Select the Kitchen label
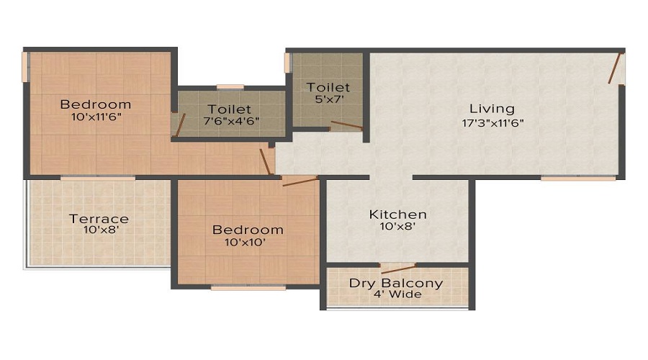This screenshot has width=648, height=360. click(x=397, y=215)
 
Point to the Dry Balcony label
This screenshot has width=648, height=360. click(x=396, y=283)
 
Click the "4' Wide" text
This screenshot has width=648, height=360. click(x=397, y=294)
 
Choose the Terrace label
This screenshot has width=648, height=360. click(x=99, y=219)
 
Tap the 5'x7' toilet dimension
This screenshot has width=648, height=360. click(x=328, y=100)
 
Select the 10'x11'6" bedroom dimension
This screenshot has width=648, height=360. click(x=95, y=116)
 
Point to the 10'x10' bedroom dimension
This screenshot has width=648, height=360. click(x=247, y=243)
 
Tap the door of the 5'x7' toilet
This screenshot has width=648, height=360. click(x=346, y=126)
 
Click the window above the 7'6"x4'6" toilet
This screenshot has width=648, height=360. click(x=230, y=87)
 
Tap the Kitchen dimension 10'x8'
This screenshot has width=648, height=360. click(x=397, y=227)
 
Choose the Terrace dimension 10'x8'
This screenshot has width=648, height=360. click(x=99, y=231)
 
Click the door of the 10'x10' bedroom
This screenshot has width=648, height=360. click(x=300, y=181)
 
